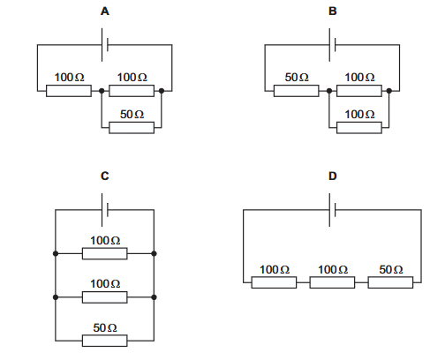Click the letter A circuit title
[x=105, y=11]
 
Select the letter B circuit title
[x=332, y=11]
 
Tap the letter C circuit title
[x=105, y=176]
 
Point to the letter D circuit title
[x=332, y=176]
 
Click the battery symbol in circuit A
[x=105, y=45]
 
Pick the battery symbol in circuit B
[x=332, y=45]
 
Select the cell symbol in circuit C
[x=105, y=210]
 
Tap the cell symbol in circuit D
[x=332, y=210]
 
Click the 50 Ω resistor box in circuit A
[x=132, y=128]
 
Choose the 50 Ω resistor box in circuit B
[x=297, y=91]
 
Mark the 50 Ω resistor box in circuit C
[x=105, y=341]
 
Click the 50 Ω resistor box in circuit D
[x=390, y=282]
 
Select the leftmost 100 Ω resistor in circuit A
[x=69, y=91]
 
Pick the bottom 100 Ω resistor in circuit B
[x=359, y=128]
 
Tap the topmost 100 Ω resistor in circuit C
[x=105, y=253]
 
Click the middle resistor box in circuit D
[x=332, y=282]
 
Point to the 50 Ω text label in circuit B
[x=297, y=78]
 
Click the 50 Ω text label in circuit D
[x=391, y=269]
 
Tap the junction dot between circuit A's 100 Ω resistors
[x=102, y=91]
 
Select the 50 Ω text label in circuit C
[x=105, y=327]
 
